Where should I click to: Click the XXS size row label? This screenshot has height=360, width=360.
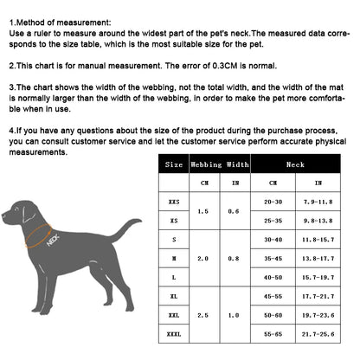pyautogui.click(x=175, y=202)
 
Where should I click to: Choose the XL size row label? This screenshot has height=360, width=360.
pyautogui.click(x=175, y=296)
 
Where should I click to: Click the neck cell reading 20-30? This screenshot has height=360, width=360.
pyautogui.click(x=273, y=202)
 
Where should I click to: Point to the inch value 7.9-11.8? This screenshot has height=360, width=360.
pyautogui.click(x=318, y=202)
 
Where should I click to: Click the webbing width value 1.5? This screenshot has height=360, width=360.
pyautogui.click(x=204, y=211)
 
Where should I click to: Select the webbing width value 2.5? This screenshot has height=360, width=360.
pyautogui.click(x=204, y=315)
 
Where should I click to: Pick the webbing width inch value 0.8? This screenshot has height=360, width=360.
pyautogui.click(x=234, y=258)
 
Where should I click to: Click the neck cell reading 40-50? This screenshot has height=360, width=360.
pyautogui.click(x=273, y=277)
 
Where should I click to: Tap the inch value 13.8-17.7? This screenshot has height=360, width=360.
pyautogui.click(x=318, y=258)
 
